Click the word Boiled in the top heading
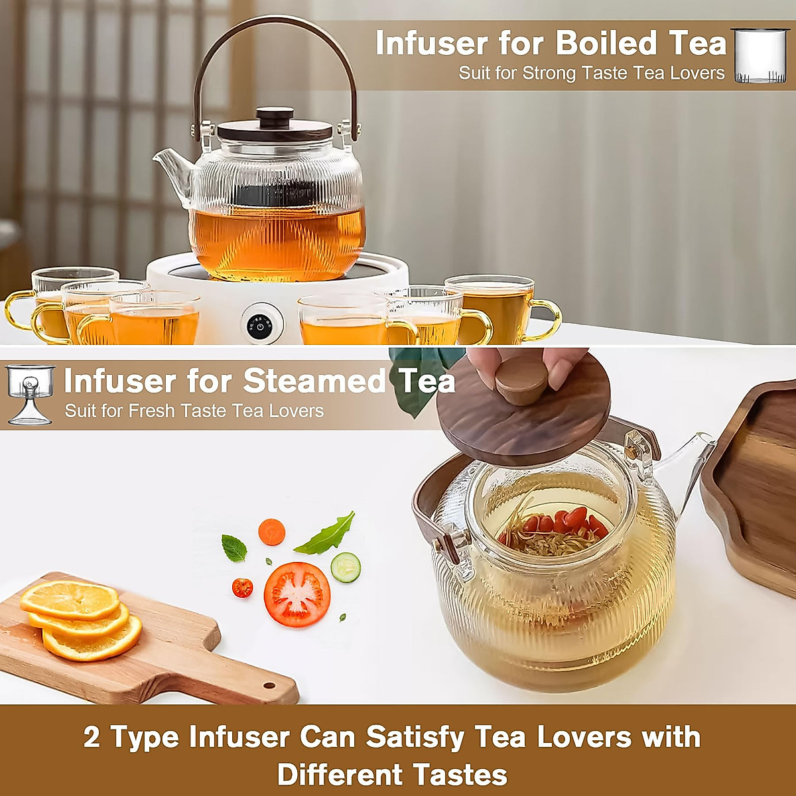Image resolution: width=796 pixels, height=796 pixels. pyautogui.click(x=606, y=44)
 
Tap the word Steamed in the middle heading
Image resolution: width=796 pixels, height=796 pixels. pyautogui.click(x=314, y=381)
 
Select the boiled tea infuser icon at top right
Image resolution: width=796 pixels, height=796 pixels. pyautogui.click(x=760, y=56)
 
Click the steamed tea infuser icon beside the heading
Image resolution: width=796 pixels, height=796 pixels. pyautogui.click(x=30, y=395)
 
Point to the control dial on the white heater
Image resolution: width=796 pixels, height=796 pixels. pyautogui.click(x=260, y=325)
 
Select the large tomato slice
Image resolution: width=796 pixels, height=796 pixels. pyautogui.click(x=297, y=594)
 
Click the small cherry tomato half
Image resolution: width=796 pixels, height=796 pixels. pyautogui.click(x=242, y=587)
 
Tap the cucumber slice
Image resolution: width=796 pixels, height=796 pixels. pyautogui.click(x=346, y=568)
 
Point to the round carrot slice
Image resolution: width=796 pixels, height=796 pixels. pyautogui.click(x=271, y=532)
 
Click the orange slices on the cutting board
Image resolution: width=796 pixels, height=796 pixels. pyautogui.click(x=80, y=620)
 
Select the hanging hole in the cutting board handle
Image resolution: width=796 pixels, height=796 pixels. pyautogui.click(x=269, y=686)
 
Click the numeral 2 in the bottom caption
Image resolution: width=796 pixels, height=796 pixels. pyautogui.click(x=92, y=738)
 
